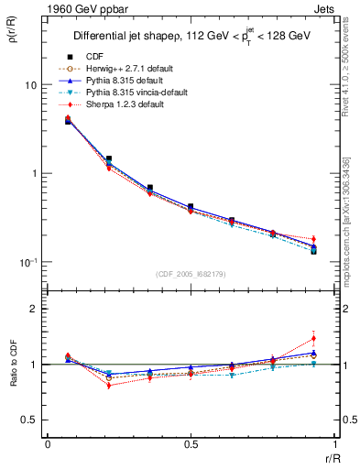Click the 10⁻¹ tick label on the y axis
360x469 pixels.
27,262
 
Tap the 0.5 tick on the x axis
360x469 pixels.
191,443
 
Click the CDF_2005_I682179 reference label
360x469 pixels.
190,274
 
